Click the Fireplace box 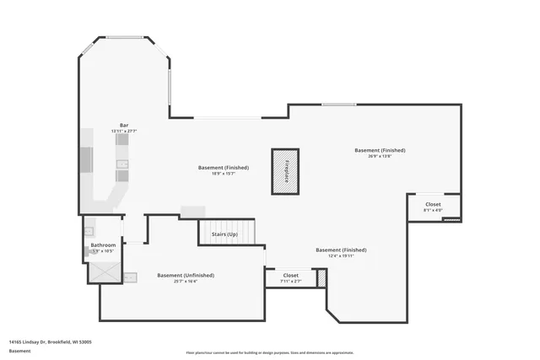(285, 171)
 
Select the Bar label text (124, 126)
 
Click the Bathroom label (103, 245)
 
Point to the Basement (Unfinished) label (186, 275)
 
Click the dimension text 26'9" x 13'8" (380, 156)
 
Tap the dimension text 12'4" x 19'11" (341, 256)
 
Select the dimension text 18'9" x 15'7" (223, 173)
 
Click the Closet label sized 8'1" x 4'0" (433, 204)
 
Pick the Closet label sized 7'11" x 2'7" (290, 275)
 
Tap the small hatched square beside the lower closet (321, 277)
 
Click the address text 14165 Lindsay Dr (50, 342)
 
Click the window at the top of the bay (125, 37)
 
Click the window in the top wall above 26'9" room (337, 105)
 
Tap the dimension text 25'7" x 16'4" (186, 281)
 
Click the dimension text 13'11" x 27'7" (124, 132)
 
